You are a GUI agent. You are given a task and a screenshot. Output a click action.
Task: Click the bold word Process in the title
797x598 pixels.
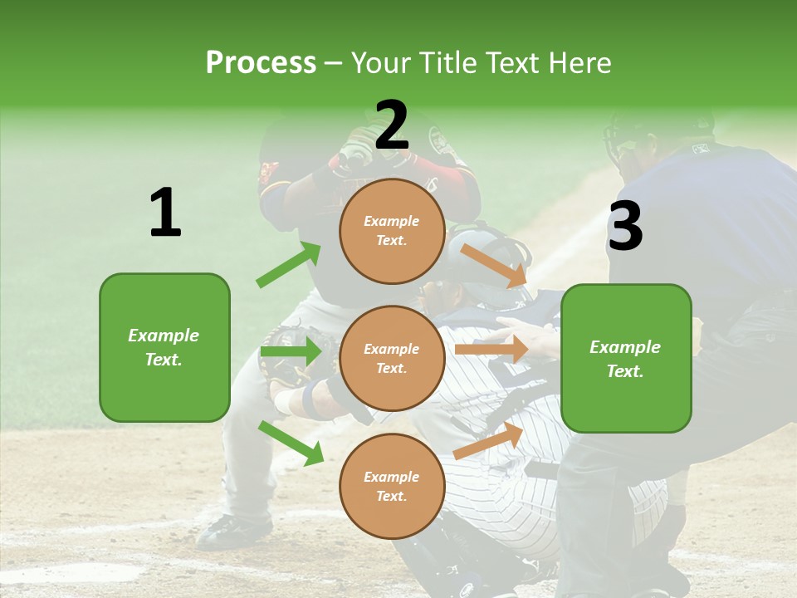[x=261, y=62]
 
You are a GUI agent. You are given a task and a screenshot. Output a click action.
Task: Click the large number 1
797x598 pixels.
[x=165, y=213]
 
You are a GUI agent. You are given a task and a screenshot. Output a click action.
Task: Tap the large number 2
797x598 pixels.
[x=392, y=125]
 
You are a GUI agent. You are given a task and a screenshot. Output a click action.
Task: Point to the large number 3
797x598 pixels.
[x=625, y=226]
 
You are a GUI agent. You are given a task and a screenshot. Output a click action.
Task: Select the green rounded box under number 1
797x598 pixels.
[x=164, y=347]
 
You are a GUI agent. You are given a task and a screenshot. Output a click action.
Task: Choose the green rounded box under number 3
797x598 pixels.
[x=626, y=358]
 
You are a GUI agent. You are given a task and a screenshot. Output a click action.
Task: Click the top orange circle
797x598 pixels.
[x=392, y=231]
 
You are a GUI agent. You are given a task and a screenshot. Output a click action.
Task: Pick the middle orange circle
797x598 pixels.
[x=392, y=359]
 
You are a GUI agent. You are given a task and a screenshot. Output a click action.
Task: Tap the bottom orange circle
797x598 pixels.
[x=392, y=487]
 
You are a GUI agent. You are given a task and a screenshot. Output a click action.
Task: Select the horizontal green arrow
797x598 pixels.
[x=291, y=352]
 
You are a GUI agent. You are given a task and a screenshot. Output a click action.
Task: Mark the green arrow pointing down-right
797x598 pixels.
[x=291, y=442]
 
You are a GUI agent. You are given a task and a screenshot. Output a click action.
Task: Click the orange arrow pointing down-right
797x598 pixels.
[x=495, y=265]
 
